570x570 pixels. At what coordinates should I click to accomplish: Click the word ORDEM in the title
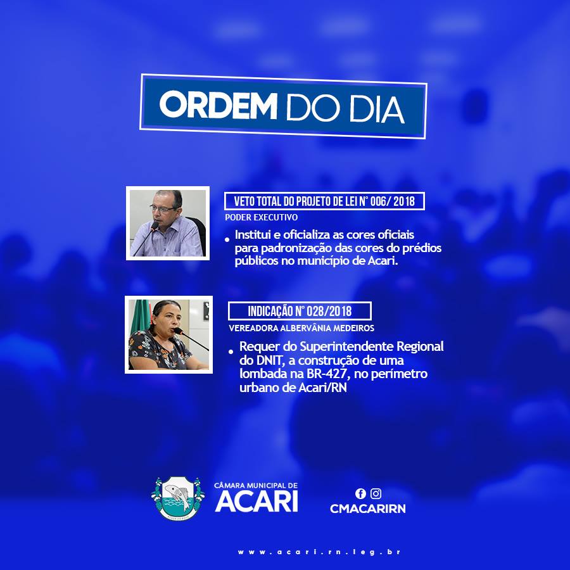(218, 104)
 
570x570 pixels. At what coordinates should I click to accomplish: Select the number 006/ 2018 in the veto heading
(392, 201)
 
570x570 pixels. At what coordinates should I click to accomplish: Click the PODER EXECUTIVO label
(262, 217)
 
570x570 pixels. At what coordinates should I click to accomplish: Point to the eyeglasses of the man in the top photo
(163, 209)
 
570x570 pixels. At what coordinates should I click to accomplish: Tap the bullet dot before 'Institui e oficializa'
(227, 239)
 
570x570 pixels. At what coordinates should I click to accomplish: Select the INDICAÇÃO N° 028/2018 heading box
(300, 311)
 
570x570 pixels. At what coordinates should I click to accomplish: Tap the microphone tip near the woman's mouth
(177, 331)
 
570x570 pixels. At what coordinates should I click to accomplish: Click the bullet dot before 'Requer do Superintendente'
(231, 351)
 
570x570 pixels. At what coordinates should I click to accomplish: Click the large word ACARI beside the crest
(256, 502)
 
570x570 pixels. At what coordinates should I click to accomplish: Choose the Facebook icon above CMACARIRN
(360, 493)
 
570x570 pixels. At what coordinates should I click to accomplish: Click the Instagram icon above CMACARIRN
(376, 493)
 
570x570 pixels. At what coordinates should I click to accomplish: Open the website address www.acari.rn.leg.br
(319, 552)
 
